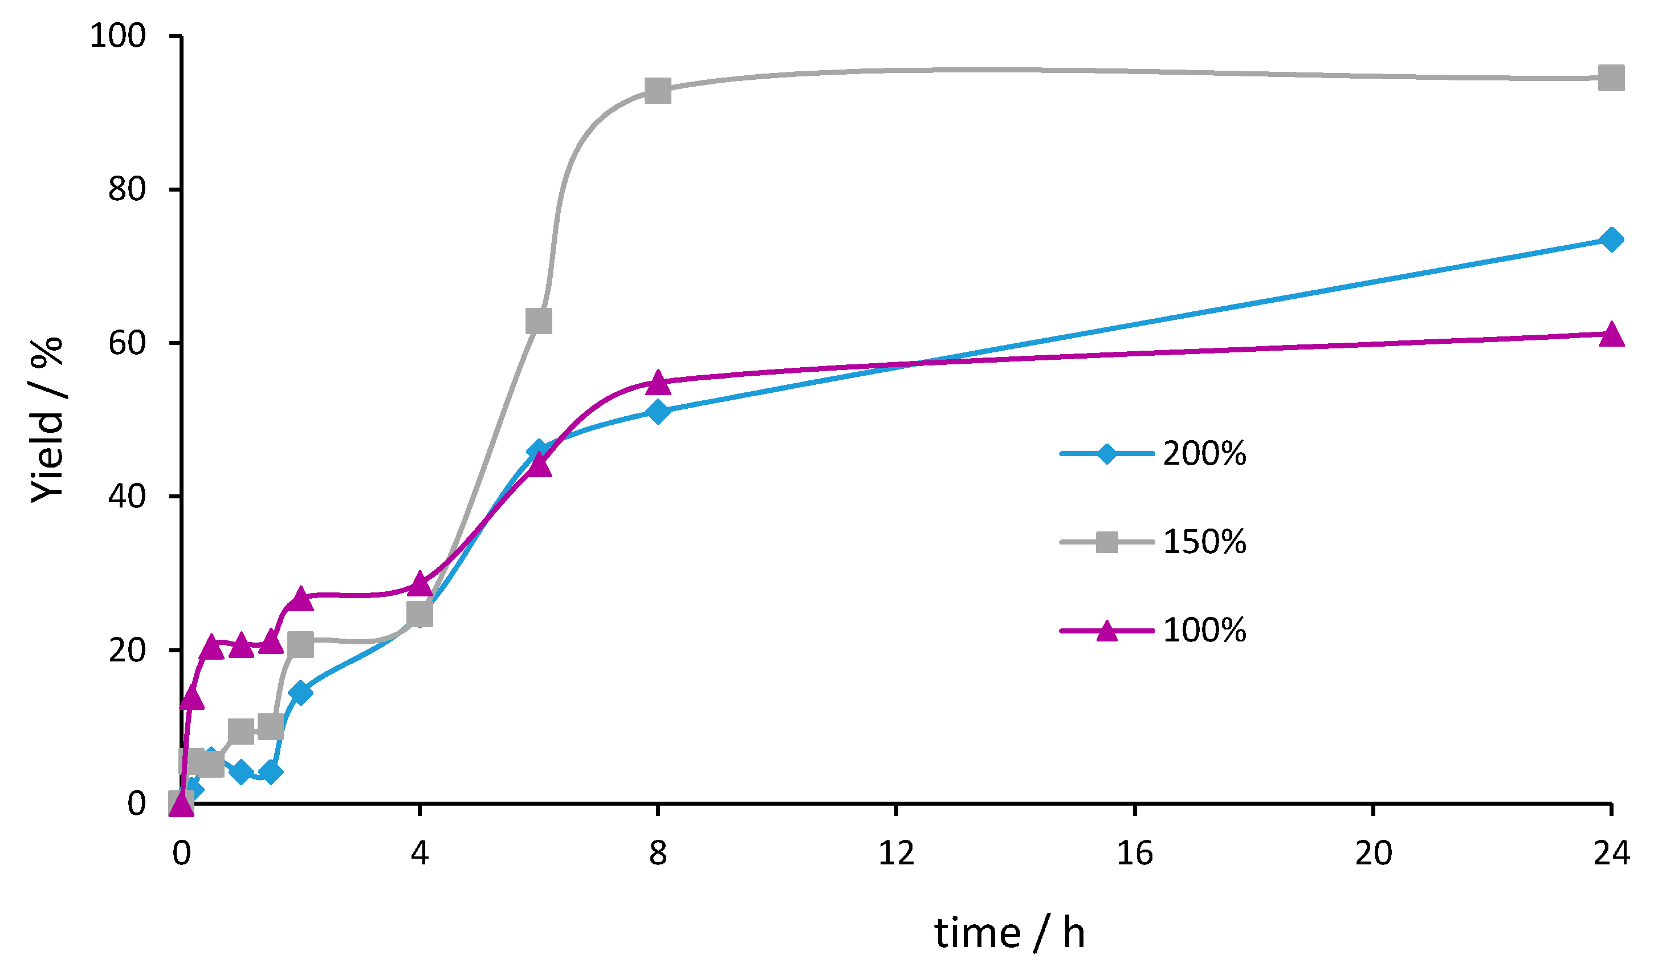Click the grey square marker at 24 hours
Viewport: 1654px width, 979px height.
coord(1611,78)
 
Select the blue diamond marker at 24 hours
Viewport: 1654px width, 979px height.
coord(1611,239)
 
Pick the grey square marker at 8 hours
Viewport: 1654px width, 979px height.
coord(658,91)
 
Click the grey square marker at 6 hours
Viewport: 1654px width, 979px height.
coord(539,321)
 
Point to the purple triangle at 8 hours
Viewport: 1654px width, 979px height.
coord(658,381)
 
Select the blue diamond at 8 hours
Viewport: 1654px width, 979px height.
coord(658,412)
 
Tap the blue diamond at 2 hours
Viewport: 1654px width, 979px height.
coord(300,693)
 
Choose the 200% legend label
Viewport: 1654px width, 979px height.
coord(1204,454)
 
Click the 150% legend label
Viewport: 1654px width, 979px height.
coord(1204,542)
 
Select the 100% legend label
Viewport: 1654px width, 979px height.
coord(1204,631)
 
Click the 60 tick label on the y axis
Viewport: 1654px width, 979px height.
coord(127,343)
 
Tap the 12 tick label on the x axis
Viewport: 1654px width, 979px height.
coord(897,853)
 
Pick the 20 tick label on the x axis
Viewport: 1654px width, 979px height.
coord(1373,853)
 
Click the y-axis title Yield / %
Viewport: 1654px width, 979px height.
coord(47,420)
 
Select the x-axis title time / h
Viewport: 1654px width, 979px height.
coord(1009,933)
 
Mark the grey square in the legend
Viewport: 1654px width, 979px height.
coord(1107,542)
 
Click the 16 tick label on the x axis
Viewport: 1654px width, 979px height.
coord(1135,853)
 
